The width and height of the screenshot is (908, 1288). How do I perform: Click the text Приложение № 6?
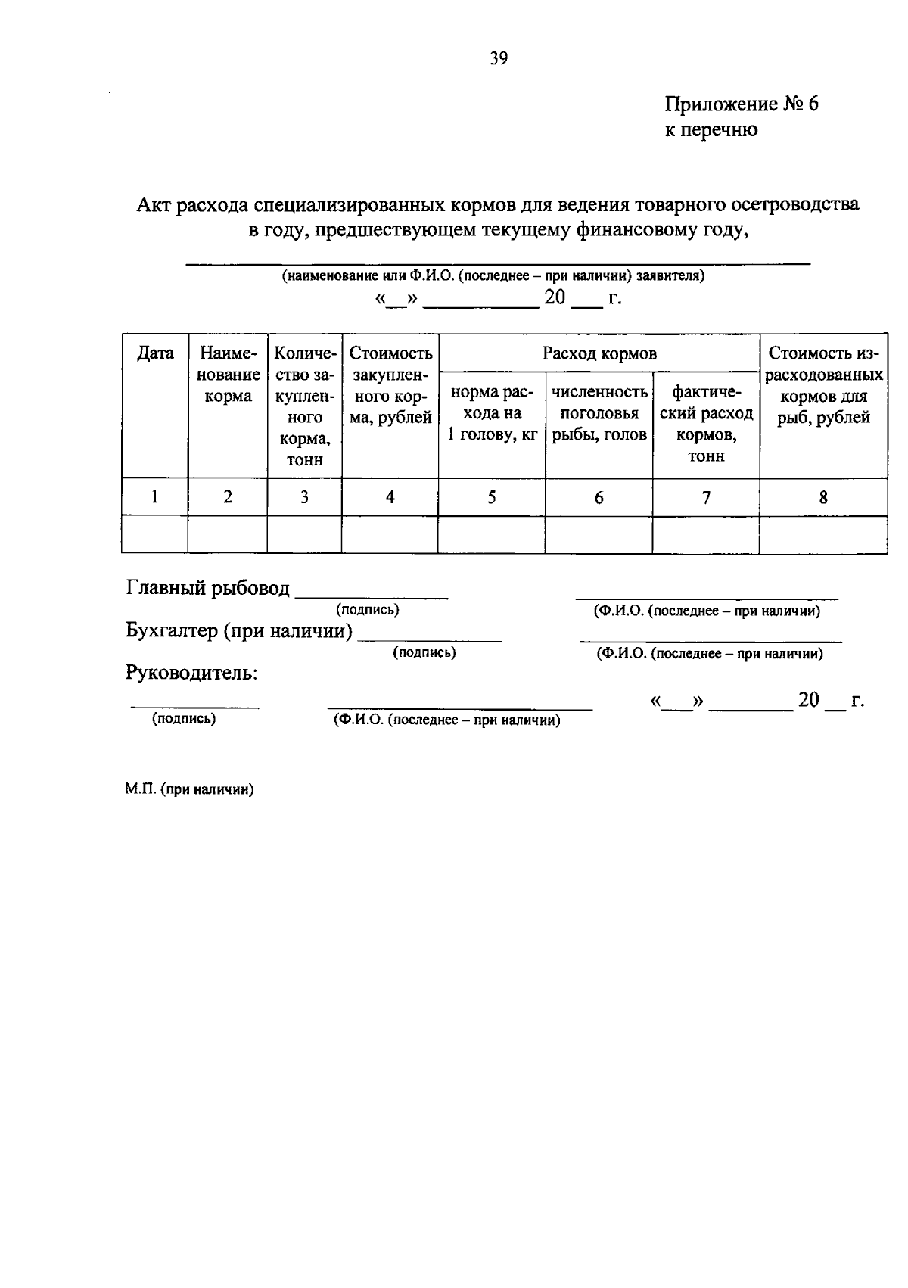pos(741,104)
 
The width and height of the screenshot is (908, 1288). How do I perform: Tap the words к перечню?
pos(711,130)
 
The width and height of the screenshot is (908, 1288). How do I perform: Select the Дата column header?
pos(155,353)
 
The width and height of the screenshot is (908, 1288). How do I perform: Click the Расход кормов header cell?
pos(599,353)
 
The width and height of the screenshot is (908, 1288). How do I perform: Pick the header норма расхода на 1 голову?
pos(492,413)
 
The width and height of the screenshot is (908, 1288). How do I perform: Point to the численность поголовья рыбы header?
pos(599,413)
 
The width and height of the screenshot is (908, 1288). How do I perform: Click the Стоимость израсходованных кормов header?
pos(823,385)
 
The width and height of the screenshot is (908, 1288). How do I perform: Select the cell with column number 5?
pos(492,497)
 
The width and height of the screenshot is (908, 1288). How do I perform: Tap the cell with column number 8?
pos(823,497)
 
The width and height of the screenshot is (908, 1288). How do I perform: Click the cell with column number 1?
pos(155,497)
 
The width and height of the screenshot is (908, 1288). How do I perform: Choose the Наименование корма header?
pos(228,375)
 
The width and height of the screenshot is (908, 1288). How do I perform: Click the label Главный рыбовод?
pos(208,588)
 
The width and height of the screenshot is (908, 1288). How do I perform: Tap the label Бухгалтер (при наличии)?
pos(239,630)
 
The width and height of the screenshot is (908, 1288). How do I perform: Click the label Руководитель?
pos(191,673)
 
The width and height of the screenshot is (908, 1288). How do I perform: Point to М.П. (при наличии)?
pos(189,790)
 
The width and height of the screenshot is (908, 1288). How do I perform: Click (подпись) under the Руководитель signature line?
pos(184,719)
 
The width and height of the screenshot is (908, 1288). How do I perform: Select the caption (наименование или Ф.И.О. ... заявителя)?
pos(493,276)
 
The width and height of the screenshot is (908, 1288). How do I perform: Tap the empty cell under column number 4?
pos(390,535)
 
